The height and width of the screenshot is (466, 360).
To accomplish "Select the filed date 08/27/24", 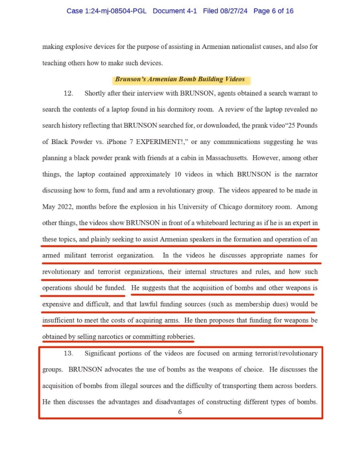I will click(234, 11).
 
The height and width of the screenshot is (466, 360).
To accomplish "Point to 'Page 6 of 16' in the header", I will click(273, 11).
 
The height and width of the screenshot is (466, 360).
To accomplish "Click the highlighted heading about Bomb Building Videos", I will click(180, 79).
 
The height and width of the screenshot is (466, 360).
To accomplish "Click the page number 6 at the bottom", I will click(180, 412).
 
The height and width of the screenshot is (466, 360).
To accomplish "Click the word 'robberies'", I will click(178, 337).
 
